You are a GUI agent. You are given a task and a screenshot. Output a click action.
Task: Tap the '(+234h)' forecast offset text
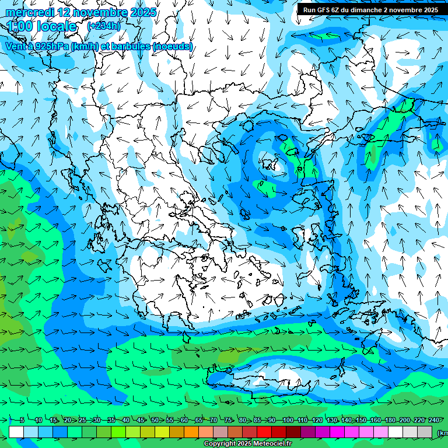tap(103, 26)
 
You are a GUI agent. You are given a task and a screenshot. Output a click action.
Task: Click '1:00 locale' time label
tap(42, 27)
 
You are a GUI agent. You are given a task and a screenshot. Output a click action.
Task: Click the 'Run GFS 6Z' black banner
tap(370, 10)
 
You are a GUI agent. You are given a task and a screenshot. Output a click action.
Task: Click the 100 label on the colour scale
tap(288, 421)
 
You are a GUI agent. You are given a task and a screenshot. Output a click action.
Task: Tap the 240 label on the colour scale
tap(433, 421)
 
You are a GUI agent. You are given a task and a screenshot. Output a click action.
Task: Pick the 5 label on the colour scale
tap(22, 421)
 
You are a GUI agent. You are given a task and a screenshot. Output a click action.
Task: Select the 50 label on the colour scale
tap(155, 421)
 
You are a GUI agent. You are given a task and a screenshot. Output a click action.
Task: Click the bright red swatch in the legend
tap(264, 432)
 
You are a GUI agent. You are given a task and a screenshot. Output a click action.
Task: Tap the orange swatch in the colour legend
tap(191, 432)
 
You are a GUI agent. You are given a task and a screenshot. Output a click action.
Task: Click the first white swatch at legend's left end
tap(16, 432)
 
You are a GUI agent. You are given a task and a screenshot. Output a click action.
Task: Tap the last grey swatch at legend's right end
tap(425, 432)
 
